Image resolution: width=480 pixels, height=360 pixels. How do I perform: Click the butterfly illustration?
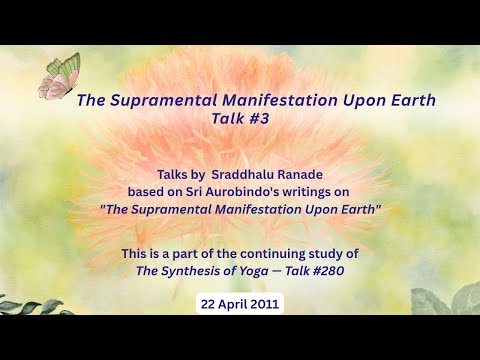[59, 77]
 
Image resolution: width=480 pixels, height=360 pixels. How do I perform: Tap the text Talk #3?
[240, 118]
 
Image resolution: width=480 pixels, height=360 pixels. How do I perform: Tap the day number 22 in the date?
[209, 303]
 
